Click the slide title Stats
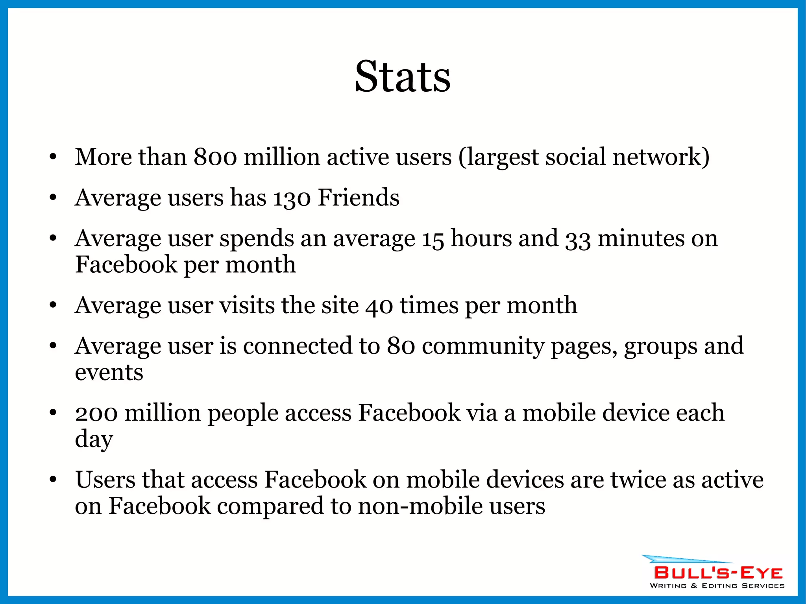pos(402,77)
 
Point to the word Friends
pos(359,198)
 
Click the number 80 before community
pos(401,346)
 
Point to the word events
pos(109,373)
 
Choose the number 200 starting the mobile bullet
pos(96,414)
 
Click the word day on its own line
pos(94,440)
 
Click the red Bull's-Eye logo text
pos(718,573)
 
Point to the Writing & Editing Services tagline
pos(717,586)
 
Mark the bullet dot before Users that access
pos(53,480)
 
